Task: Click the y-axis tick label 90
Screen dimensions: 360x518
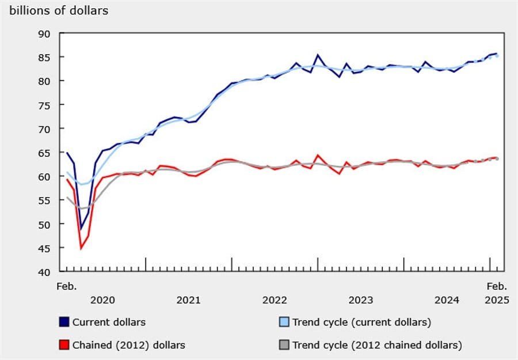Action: click(x=45, y=33)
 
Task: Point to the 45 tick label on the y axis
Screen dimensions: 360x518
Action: click(x=45, y=248)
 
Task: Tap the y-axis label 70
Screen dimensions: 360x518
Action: click(x=45, y=128)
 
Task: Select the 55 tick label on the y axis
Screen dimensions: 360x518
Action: click(x=45, y=200)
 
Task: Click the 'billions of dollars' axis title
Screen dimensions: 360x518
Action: click(x=59, y=10)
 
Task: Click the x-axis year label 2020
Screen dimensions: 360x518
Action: click(x=102, y=300)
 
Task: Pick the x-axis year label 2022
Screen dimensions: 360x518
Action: click(x=275, y=300)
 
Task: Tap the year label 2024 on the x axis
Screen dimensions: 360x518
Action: click(x=447, y=300)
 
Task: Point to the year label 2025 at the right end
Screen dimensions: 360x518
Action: click(x=497, y=300)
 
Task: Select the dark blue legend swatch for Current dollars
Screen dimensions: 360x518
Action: click(x=64, y=322)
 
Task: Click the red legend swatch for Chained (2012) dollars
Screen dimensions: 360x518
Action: click(x=64, y=345)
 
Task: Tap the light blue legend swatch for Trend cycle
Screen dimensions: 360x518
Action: click(x=284, y=322)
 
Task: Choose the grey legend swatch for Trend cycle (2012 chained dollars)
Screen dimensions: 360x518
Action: click(x=284, y=345)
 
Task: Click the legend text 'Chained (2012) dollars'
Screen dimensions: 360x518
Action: click(x=129, y=345)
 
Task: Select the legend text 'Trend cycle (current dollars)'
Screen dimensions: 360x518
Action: click(x=361, y=322)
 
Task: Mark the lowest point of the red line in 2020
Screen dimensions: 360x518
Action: click(x=81, y=248)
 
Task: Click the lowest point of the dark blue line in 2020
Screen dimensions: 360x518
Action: click(x=81, y=229)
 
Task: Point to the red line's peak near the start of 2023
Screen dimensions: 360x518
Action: click(x=317, y=155)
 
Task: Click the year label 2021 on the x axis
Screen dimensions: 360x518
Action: click(x=188, y=300)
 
